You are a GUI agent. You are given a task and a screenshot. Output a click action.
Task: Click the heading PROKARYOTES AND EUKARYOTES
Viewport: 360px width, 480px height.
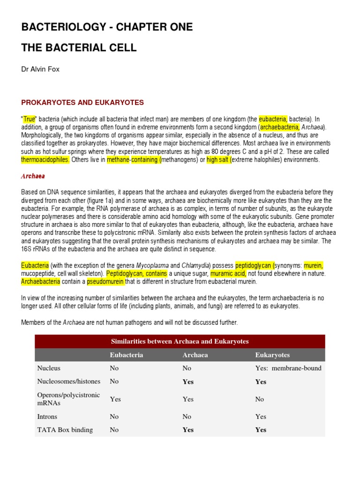click(x=82, y=103)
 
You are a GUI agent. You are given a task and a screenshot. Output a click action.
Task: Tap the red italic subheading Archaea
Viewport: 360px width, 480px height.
click(x=33, y=176)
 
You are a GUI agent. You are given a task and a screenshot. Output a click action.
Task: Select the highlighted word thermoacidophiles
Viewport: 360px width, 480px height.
click(x=45, y=160)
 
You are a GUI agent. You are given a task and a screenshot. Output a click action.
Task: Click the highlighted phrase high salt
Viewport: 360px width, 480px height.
click(x=218, y=160)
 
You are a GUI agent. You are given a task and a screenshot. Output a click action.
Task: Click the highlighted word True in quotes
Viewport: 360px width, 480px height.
click(x=29, y=120)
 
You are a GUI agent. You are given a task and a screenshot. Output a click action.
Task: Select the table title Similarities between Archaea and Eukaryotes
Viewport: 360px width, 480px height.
click(x=180, y=341)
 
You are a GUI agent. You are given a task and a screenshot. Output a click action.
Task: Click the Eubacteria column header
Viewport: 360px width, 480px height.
click(x=127, y=355)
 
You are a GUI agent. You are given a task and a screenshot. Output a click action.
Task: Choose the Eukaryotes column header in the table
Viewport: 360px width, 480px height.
click(x=272, y=355)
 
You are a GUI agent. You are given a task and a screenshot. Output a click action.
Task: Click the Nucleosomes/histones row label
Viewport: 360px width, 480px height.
click(x=68, y=382)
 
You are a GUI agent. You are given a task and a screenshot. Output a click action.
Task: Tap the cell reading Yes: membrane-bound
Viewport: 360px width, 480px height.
click(x=288, y=368)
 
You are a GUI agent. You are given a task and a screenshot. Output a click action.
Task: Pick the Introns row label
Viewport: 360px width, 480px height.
click(x=47, y=416)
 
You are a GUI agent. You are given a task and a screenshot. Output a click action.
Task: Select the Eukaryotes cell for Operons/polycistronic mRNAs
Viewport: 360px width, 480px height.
click(x=259, y=399)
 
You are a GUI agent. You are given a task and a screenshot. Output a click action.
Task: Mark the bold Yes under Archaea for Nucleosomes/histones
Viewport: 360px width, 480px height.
click(x=188, y=382)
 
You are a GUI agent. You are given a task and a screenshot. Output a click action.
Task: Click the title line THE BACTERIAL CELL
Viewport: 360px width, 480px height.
click(x=79, y=47)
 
